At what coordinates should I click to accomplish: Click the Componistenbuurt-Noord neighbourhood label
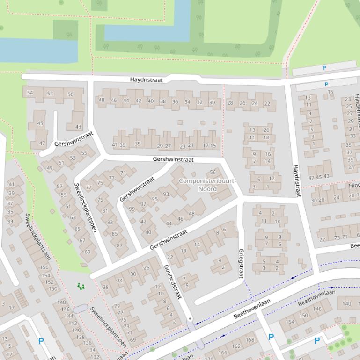[201, 185]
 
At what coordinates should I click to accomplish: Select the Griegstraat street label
[241, 263]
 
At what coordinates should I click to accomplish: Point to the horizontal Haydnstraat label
[146, 80]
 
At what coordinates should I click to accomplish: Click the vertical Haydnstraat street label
[296, 180]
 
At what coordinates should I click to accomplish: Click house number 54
[30, 93]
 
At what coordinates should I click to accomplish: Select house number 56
[213, 173]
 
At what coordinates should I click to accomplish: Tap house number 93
[166, 194]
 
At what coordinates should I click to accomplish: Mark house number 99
[132, 209]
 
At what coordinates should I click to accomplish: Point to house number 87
[120, 245]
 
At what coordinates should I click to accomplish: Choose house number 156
[44, 267]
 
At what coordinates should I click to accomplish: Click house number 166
[222, 353]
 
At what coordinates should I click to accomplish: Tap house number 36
[175, 101]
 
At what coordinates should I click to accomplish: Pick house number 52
[50, 94]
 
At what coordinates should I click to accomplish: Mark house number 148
[61, 302]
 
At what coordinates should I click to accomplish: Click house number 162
[236, 346]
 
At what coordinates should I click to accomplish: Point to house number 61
[68, 206]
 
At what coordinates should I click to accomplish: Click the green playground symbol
[81, 286]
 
